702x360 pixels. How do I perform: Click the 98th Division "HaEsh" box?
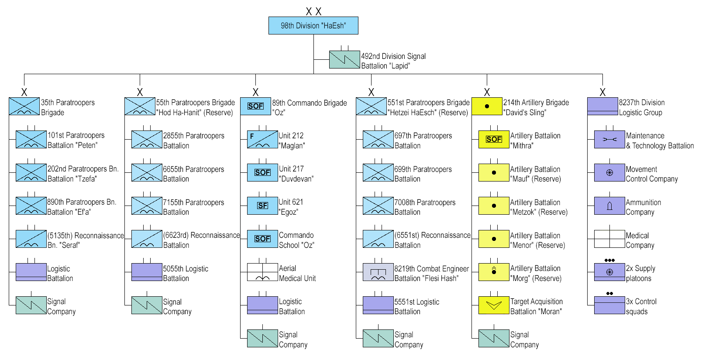(x=313, y=25)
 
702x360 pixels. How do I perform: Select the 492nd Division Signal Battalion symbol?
(x=344, y=59)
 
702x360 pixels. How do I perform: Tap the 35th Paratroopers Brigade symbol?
(x=24, y=106)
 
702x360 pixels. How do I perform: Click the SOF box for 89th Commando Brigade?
(x=255, y=106)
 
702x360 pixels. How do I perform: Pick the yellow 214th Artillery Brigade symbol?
(x=487, y=106)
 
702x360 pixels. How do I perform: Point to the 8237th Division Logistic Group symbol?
(x=602, y=106)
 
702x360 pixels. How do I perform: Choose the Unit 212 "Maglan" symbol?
(x=262, y=140)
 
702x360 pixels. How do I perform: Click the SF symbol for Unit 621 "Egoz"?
(x=262, y=206)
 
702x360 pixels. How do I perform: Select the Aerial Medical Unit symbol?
(x=262, y=272)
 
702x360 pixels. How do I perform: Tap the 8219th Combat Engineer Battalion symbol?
(x=378, y=272)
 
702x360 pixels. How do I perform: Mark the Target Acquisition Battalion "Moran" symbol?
(x=494, y=305)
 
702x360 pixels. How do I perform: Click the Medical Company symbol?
(x=609, y=239)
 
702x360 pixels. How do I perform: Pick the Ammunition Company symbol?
(x=609, y=206)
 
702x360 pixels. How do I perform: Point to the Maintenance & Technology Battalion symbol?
(x=609, y=140)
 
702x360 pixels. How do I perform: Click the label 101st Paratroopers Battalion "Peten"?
(x=76, y=140)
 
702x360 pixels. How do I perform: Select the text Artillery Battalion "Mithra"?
(x=535, y=141)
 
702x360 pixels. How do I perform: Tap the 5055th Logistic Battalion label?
(x=186, y=273)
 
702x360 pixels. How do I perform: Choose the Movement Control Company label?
(x=651, y=174)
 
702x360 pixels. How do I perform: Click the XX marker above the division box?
(x=313, y=12)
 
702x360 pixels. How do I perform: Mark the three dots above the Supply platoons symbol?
(x=609, y=260)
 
